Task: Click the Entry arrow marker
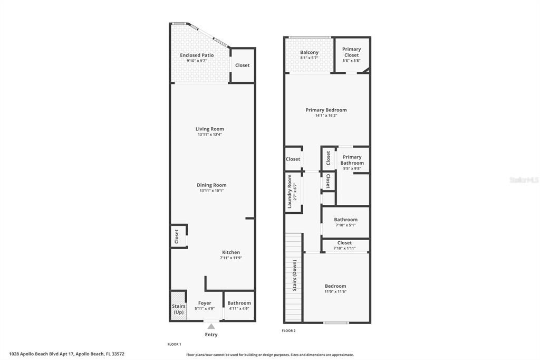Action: [211, 327]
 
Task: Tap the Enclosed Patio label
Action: [197, 55]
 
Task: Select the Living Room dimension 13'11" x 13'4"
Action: [210, 135]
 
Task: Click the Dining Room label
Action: [211, 185]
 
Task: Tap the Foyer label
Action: [205, 303]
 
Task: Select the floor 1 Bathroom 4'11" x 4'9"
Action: [239, 306]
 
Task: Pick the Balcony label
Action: [309, 52]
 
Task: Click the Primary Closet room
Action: [352, 54]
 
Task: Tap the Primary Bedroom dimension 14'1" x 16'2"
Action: [326, 116]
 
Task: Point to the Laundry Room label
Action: [290, 192]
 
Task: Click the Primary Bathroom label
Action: [352, 160]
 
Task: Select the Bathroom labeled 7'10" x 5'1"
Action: [345, 222]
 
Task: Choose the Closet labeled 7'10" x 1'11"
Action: [344, 245]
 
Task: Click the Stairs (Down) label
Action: [294, 275]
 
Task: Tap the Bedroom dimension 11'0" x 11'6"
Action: [335, 292]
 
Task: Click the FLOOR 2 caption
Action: [288, 330]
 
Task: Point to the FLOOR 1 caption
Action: [174, 344]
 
